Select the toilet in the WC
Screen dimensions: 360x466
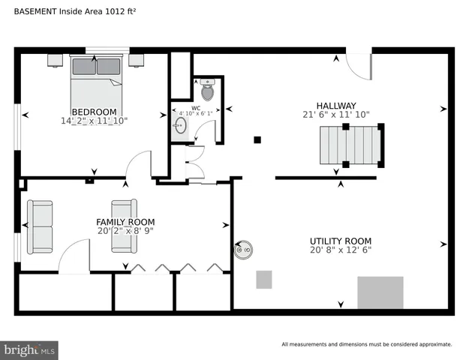207,91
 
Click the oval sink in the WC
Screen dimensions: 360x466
181,126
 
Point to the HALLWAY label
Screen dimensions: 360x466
335,106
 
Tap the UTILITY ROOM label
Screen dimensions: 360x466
341,241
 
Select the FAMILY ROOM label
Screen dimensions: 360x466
125,222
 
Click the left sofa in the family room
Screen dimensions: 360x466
40,226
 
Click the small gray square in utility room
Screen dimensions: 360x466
263,280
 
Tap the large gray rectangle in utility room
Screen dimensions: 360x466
380,292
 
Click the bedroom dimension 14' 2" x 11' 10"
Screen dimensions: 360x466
95,120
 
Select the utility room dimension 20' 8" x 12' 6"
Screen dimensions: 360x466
341,250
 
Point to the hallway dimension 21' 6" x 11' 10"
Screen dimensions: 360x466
335,115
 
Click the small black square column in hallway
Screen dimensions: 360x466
257,139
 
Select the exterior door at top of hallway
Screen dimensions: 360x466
361,64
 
